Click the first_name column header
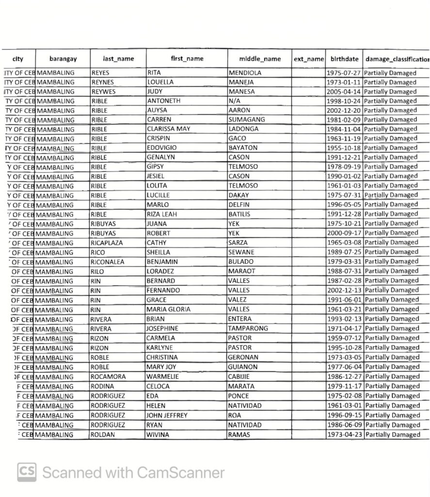[x=187, y=59]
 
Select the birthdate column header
[x=344, y=59]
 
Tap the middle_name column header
[x=259, y=59]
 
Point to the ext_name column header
[x=308, y=59]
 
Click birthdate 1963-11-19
[x=344, y=138]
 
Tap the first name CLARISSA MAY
[x=168, y=129]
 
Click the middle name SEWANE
[x=241, y=252]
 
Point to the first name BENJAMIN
[x=162, y=262]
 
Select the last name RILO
[x=98, y=271]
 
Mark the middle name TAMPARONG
[x=248, y=329]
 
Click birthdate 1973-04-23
[x=344, y=435]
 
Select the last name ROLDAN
[x=102, y=435]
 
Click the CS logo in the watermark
[x=27, y=472]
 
